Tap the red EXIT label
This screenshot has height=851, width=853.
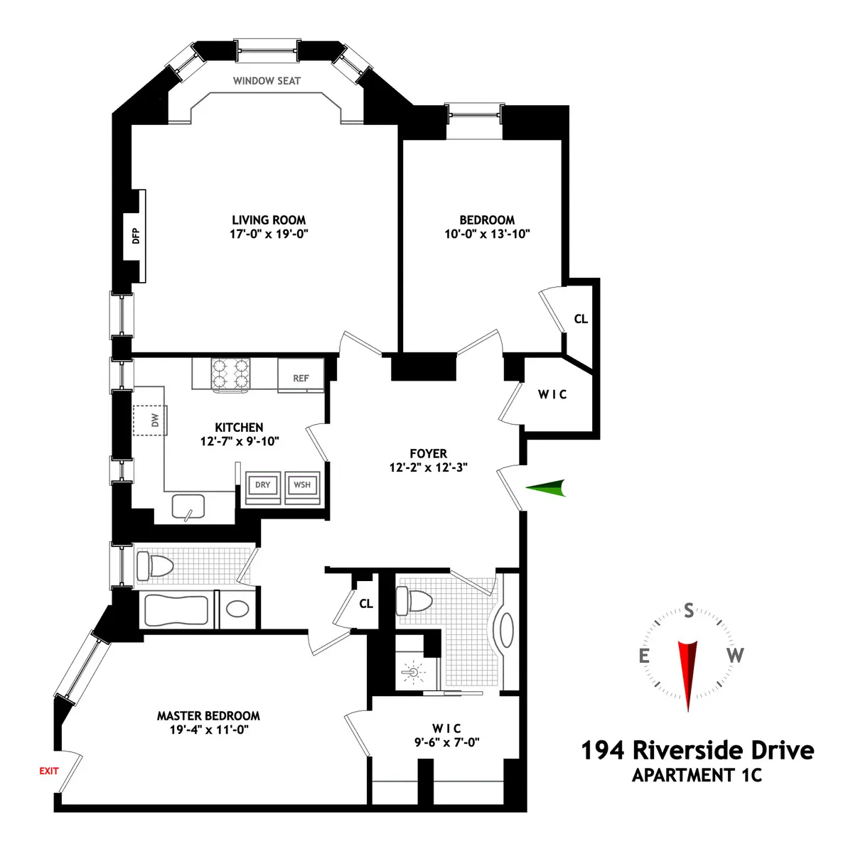pos(49,771)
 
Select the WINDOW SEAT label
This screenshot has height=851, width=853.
pos(267,81)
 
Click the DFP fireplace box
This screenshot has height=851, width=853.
pos(136,235)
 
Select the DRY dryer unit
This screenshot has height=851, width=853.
pos(262,485)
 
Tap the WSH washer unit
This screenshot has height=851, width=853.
pos(302,485)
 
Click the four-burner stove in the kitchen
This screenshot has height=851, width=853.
pos(230,374)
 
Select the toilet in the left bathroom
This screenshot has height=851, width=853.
pos(156,566)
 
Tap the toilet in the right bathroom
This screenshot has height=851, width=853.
pos(416,601)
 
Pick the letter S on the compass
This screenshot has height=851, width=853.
pos(688,610)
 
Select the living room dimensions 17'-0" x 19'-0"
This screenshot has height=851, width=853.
pos(269,234)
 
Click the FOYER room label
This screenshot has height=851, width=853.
pos(428,453)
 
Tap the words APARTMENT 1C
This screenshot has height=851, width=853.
pos(697,775)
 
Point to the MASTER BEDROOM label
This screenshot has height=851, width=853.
pos(208,716)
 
